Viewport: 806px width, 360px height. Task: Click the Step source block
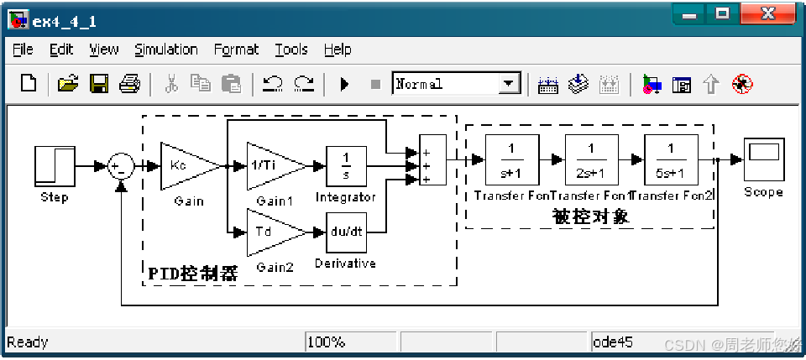point(53,165)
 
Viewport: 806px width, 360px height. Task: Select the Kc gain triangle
point(185,165)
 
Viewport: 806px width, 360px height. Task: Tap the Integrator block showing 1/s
point(346,165)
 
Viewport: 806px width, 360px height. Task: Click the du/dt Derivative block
point(346,232)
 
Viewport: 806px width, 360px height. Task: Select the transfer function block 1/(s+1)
point(511,159)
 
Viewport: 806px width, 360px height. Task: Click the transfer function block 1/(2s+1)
point(591,159)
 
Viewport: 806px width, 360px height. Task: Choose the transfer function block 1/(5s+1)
point(670,159)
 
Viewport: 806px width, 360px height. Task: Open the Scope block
point(763,159)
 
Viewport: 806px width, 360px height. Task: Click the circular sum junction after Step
point(121,166)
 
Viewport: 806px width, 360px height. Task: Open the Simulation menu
point(166,50)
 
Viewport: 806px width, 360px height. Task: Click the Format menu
point(236,50)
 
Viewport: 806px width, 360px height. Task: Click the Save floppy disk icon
point(99,84)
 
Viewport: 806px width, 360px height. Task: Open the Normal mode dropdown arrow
point(509,84)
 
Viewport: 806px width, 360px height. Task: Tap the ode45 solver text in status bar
point(614,342)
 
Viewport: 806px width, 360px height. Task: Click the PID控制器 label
point(193,274)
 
